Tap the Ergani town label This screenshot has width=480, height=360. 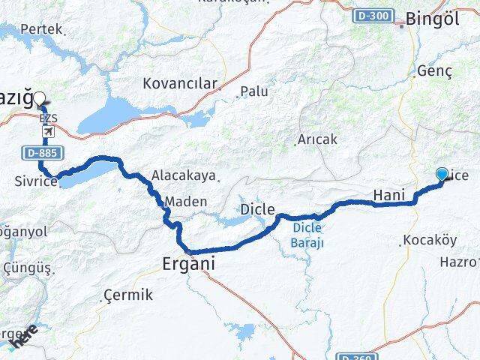[x=188, y=264]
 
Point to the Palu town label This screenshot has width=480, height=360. [x=255, y=92]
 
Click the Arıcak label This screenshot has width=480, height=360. [x=317, y=140]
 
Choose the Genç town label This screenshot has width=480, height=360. [x=434, y=70]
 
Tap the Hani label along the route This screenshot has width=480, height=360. [x=389, y=195]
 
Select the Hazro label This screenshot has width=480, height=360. [x=458, y=262]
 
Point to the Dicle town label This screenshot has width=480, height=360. [x=257, y=208]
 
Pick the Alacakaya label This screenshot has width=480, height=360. [x=184, y=175]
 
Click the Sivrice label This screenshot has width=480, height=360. [x=35, y=181]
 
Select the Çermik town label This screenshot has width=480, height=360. [x=128, y=295]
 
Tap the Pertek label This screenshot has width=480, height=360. [x=40, y=29]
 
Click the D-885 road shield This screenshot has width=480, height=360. [x=40, y=153]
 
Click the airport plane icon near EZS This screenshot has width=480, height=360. [x=48, y=132]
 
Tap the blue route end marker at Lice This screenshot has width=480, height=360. [x=442, y=175]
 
